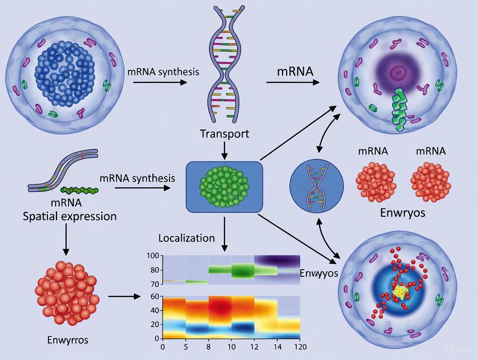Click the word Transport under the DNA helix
pyautogui.click(x=224, y=134)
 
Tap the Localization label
pyautogui.click(x=186, y=238)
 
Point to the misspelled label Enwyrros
pyautogui.click(x=67, y=340)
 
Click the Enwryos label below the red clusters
pyautogui.click(x=402, y=212)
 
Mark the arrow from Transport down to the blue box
pyautogui.click(x=224, y=150)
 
